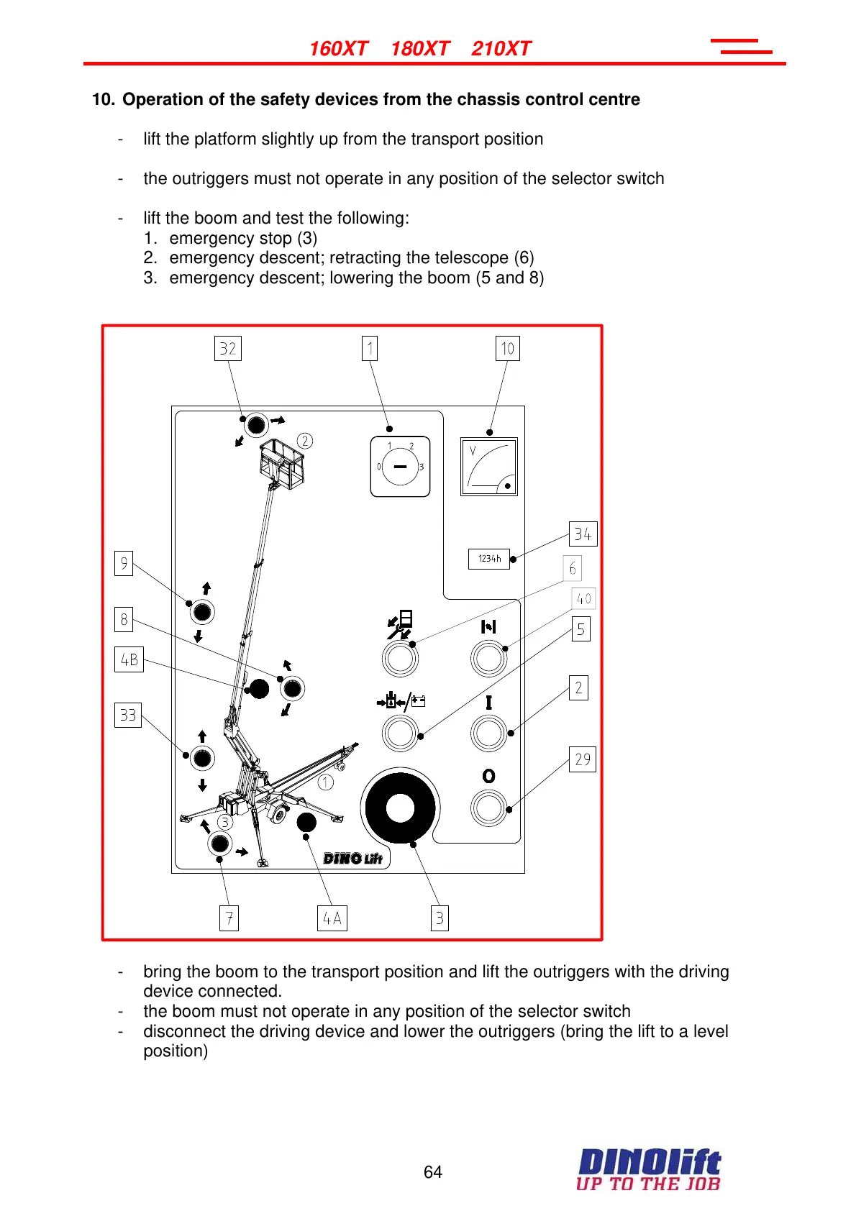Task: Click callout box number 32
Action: pos(228,349)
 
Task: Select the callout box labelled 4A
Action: pos(332,918)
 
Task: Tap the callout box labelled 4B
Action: pos(129,659)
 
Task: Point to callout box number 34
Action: pos(583,534)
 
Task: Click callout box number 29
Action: pos(583,759)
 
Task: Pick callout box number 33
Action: pos(128,716)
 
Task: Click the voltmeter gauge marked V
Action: pos(489,467)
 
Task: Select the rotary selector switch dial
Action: pos(400,467)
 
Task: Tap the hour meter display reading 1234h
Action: pos(489,559)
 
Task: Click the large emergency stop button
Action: pos(400,808)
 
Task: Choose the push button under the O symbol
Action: pos(489,808)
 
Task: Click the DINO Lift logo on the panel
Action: pos(352,859)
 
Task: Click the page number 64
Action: pos(433,1172)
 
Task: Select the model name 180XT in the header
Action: pos(420,49)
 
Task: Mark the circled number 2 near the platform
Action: pos(305,441)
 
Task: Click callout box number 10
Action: pos(508,349)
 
